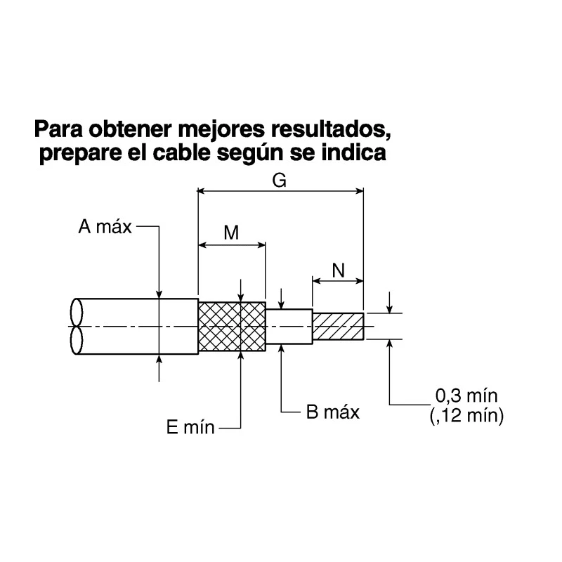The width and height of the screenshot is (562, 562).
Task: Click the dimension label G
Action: click(279, 181)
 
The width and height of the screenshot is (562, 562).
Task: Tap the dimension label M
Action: click(231, 233)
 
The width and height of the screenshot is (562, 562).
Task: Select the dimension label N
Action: click(339, 270)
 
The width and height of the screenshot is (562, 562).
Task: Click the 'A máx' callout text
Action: click(105, 227)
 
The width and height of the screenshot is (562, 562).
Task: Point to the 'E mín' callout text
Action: click(190, 427)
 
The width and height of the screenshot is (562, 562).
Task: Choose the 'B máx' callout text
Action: click(332, 412)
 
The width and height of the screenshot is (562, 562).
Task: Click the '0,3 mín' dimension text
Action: click(466, 396)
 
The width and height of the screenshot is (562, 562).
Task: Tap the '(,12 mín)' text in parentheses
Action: click(466, 416)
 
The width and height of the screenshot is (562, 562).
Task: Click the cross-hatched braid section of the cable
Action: click(232, 327)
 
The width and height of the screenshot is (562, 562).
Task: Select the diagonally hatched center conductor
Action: click(339, 327)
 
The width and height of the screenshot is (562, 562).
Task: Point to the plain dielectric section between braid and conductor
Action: click(289, 327)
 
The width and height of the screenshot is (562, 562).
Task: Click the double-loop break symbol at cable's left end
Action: click(77, 326)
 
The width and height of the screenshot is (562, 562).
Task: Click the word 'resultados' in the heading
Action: click(330, 129)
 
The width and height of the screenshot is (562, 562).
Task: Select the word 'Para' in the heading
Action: click(58, 129)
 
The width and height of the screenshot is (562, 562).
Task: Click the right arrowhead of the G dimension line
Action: click(359, 191)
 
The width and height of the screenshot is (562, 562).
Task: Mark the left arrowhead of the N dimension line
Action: click(317, 281)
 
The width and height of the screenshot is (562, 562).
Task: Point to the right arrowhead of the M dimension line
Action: click(261, 245)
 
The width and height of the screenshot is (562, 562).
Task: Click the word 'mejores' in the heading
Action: click(221, 130)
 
